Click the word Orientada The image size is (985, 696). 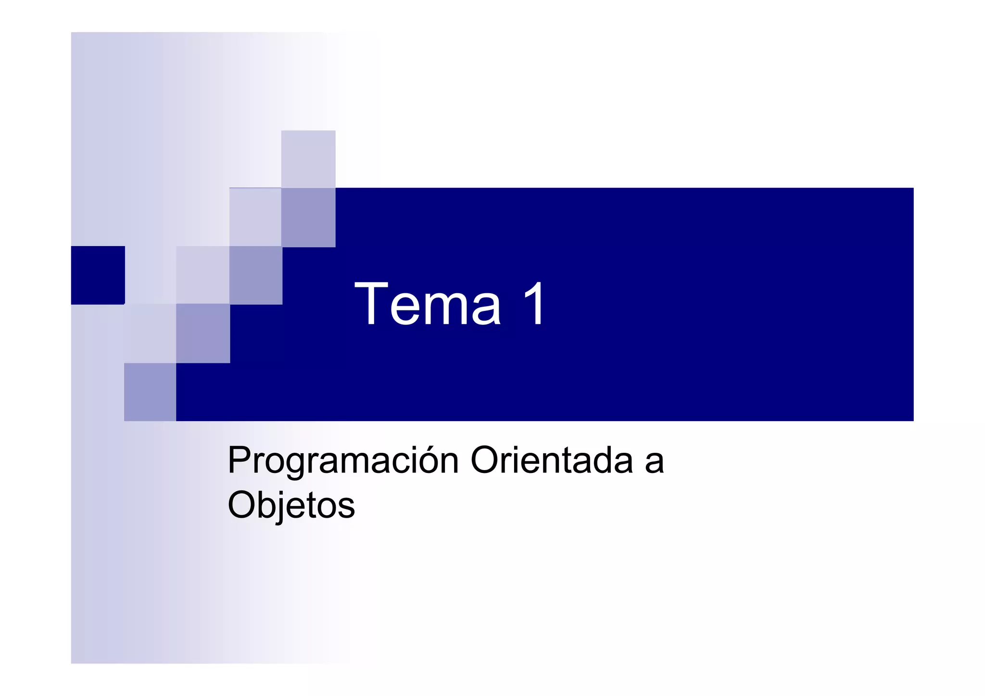tap(551, 460)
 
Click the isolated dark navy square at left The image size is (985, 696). tap(98, 275)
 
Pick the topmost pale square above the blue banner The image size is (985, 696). tap(308, 159)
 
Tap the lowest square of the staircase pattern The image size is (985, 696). tap(150, 392)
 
